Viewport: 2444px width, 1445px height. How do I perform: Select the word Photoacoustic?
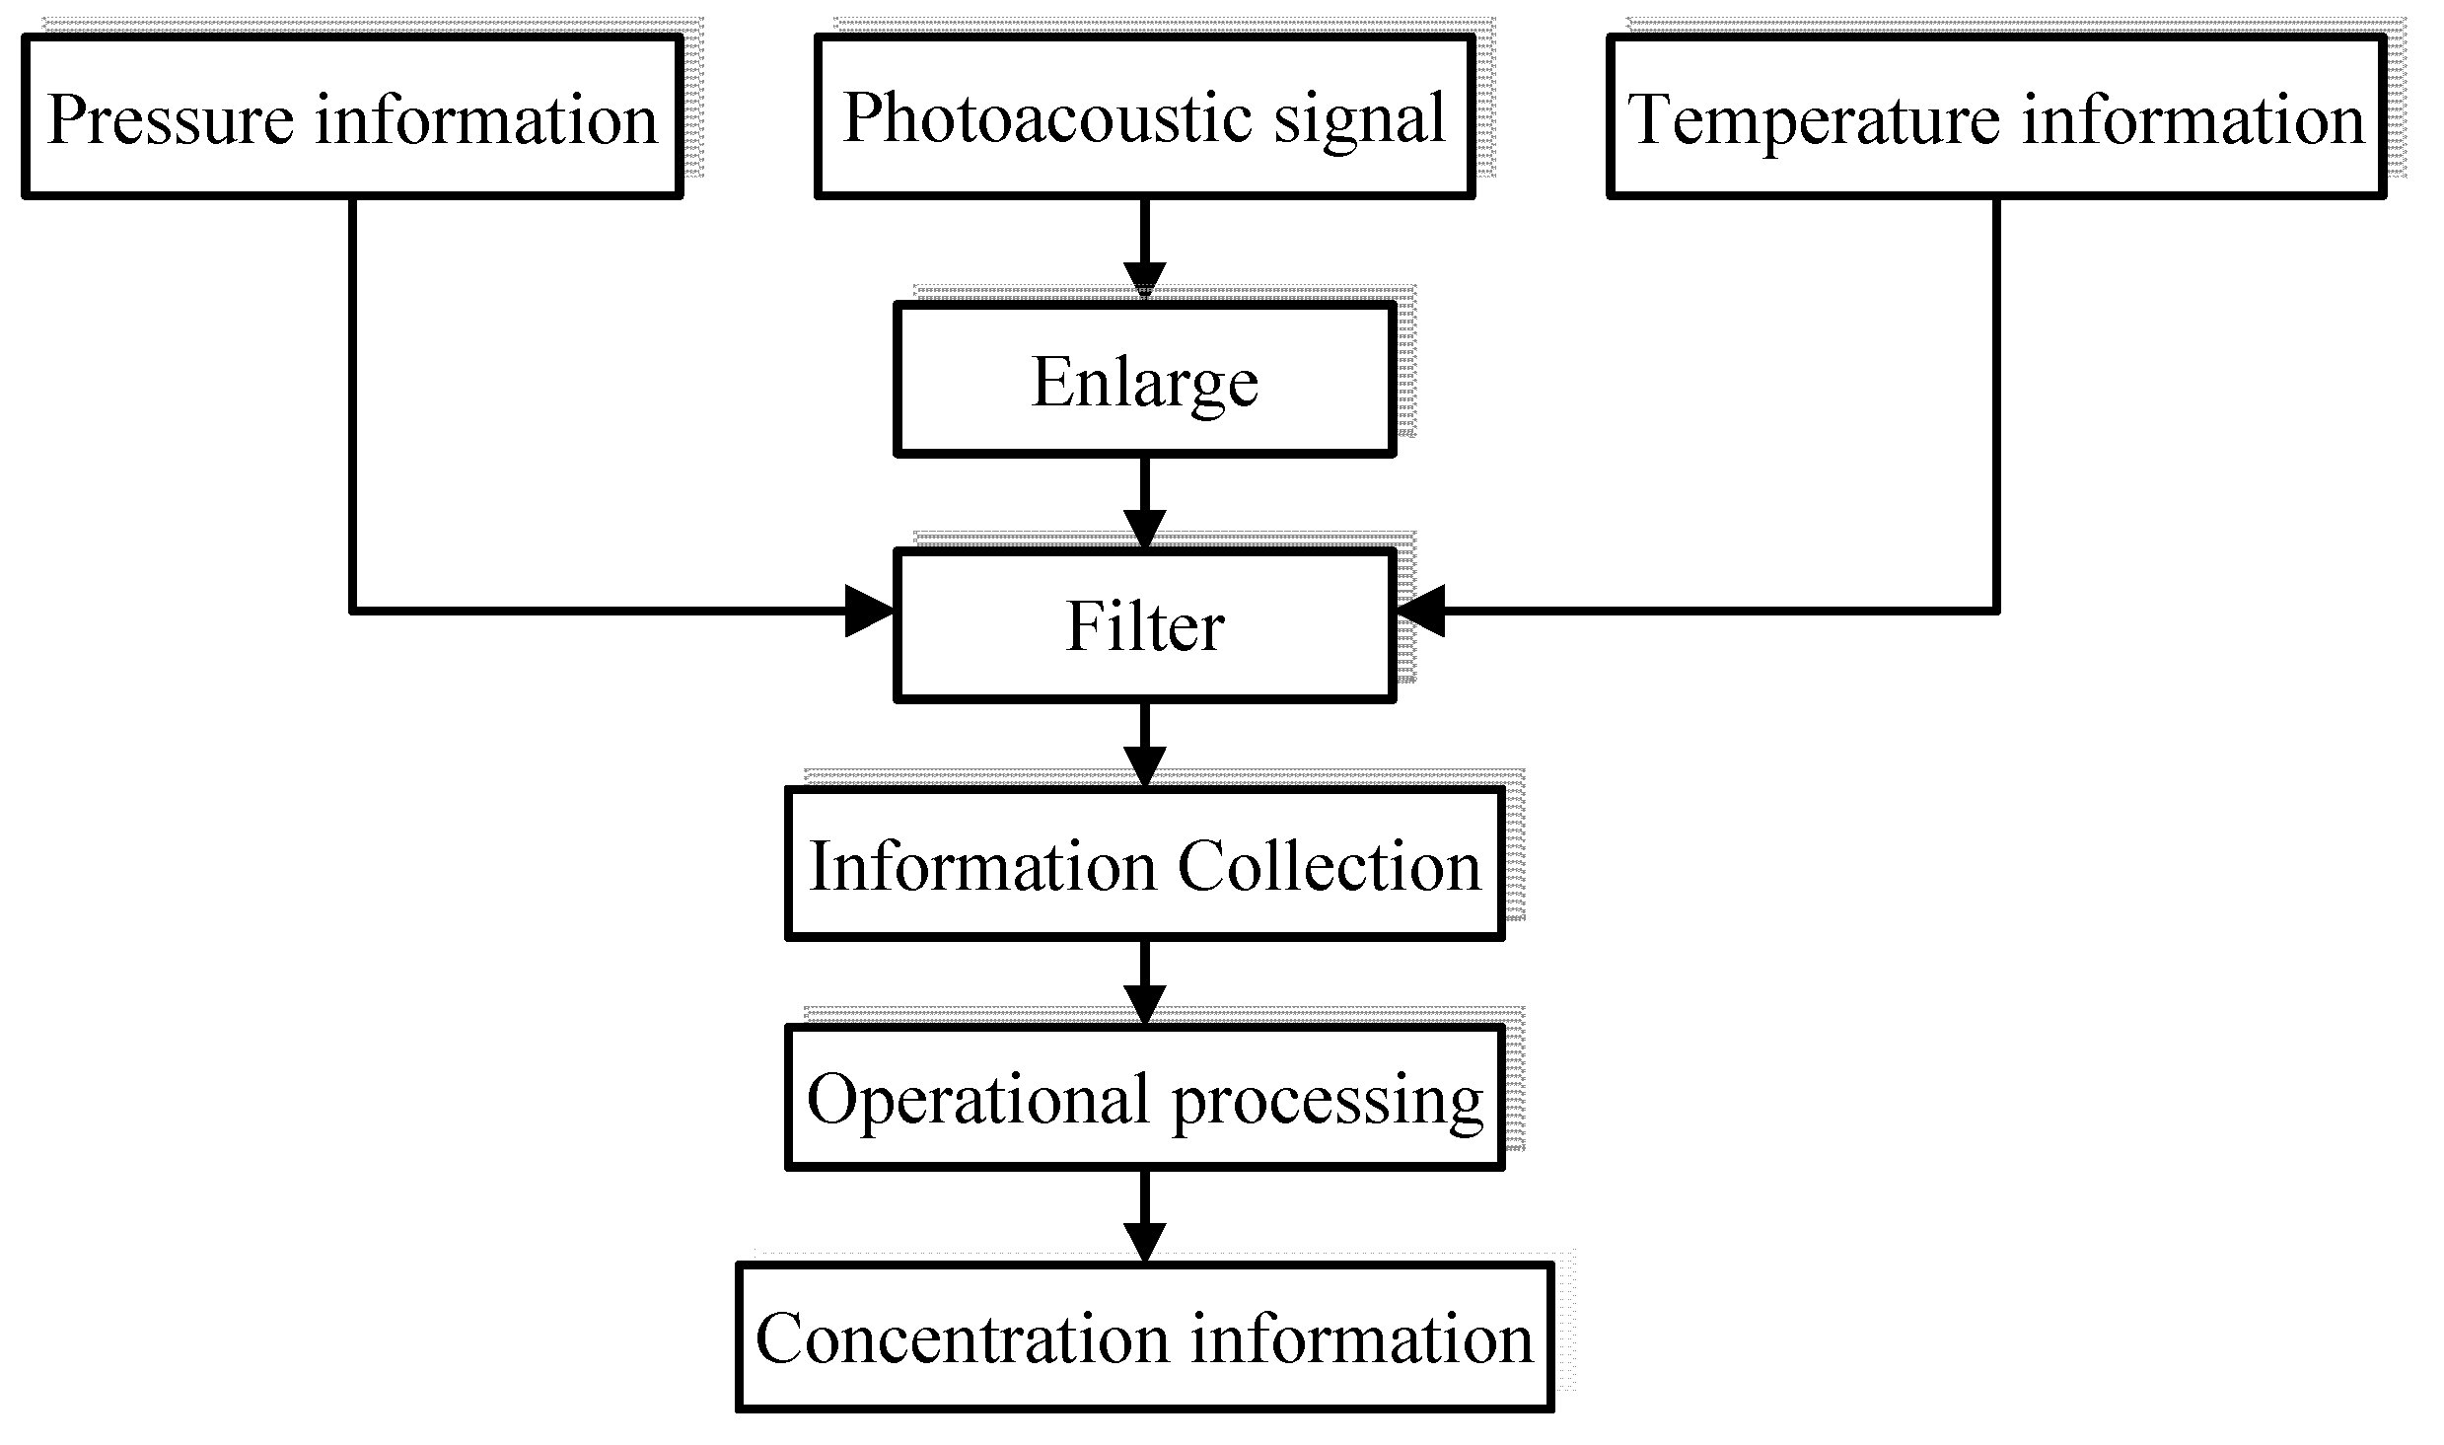(x=1045, y=117)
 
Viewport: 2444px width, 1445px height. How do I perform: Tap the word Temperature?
(x=1813, y=119)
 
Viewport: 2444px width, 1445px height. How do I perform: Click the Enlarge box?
(x=1144, y=381)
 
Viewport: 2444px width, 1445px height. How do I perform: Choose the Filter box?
(x=1144, y=625)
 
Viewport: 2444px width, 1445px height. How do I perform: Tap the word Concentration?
(x=962, y=1339)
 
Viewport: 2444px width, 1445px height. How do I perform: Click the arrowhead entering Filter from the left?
(x=869, y=611)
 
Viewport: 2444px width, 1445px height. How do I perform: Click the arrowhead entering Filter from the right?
(x=1420, y=611)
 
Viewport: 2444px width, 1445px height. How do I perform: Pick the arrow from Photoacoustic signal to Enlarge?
(x=1144, y=247)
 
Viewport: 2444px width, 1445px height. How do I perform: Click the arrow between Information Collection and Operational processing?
(x=1144, y=980)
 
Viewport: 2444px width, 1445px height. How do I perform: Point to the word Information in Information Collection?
(x=981, y=867)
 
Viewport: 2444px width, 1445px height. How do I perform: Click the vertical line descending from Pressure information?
(x=352, y=404)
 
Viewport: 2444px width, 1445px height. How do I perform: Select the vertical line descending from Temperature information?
(x=1995, y=404)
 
